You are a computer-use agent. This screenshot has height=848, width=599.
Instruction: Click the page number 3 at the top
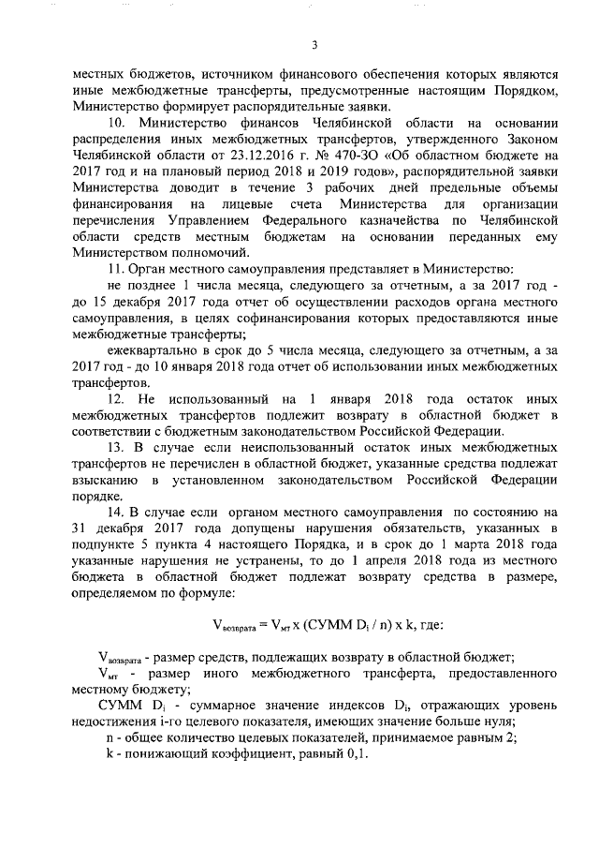[314, 44]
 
